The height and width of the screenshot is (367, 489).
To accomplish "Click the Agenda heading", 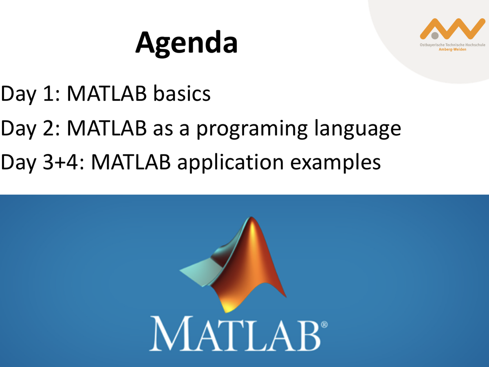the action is (x=187, y=44).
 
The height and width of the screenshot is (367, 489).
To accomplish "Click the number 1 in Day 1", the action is (x=49, y=94).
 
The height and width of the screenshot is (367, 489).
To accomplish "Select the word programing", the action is (x=252, y=129).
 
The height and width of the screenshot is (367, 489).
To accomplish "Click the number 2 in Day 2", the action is (x=49, y=128).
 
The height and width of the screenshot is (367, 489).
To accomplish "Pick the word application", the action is (x=230, y=163).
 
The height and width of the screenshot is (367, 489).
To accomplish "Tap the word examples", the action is (x=335, y=163).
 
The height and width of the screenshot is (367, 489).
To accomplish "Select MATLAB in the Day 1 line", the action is (x=107, y=93).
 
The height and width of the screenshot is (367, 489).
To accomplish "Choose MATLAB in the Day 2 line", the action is (x=107, y=128).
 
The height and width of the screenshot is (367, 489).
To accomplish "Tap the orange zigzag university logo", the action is (x=452, y=29).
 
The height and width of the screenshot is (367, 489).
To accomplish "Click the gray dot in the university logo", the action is (x=435, y=35).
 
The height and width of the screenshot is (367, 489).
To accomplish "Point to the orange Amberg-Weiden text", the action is (x=452, y=49).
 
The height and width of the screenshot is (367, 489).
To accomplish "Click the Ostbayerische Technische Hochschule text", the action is (x=452, y=45).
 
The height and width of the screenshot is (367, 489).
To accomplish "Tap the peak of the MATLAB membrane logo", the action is (x=251, y=217).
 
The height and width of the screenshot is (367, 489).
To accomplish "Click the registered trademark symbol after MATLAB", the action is (x=324, y=325).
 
